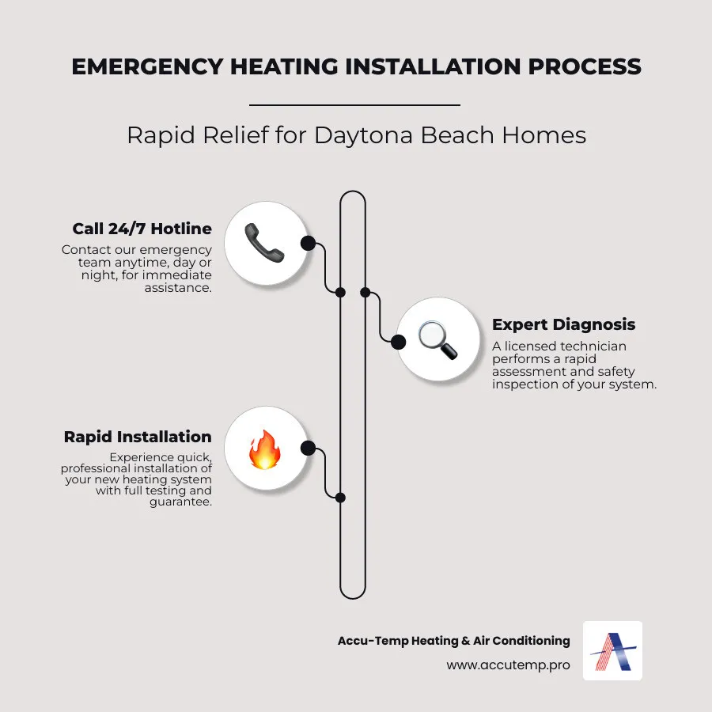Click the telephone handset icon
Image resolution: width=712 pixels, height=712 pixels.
coord(264,243)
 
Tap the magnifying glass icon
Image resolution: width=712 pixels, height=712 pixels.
coord(437,339)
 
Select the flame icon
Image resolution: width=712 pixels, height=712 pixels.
coord(264,449)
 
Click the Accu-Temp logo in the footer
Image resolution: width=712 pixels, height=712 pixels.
coord(612,650)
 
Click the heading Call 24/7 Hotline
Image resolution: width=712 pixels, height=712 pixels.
coord(142,229)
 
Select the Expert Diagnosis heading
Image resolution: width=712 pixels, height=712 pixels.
coord(563,324)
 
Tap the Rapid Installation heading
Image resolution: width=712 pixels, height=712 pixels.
coord(138,437)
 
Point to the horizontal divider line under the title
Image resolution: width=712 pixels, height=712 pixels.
coord(354,104)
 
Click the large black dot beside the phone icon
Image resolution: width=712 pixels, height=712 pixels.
coord(308,243)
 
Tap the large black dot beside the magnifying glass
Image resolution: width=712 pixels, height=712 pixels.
coord(399,341)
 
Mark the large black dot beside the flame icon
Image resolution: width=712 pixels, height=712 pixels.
coord(308,449)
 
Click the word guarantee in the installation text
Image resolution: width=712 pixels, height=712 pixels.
coord(180,502)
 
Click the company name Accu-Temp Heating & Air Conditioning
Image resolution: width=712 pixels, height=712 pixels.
coord(453,641)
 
